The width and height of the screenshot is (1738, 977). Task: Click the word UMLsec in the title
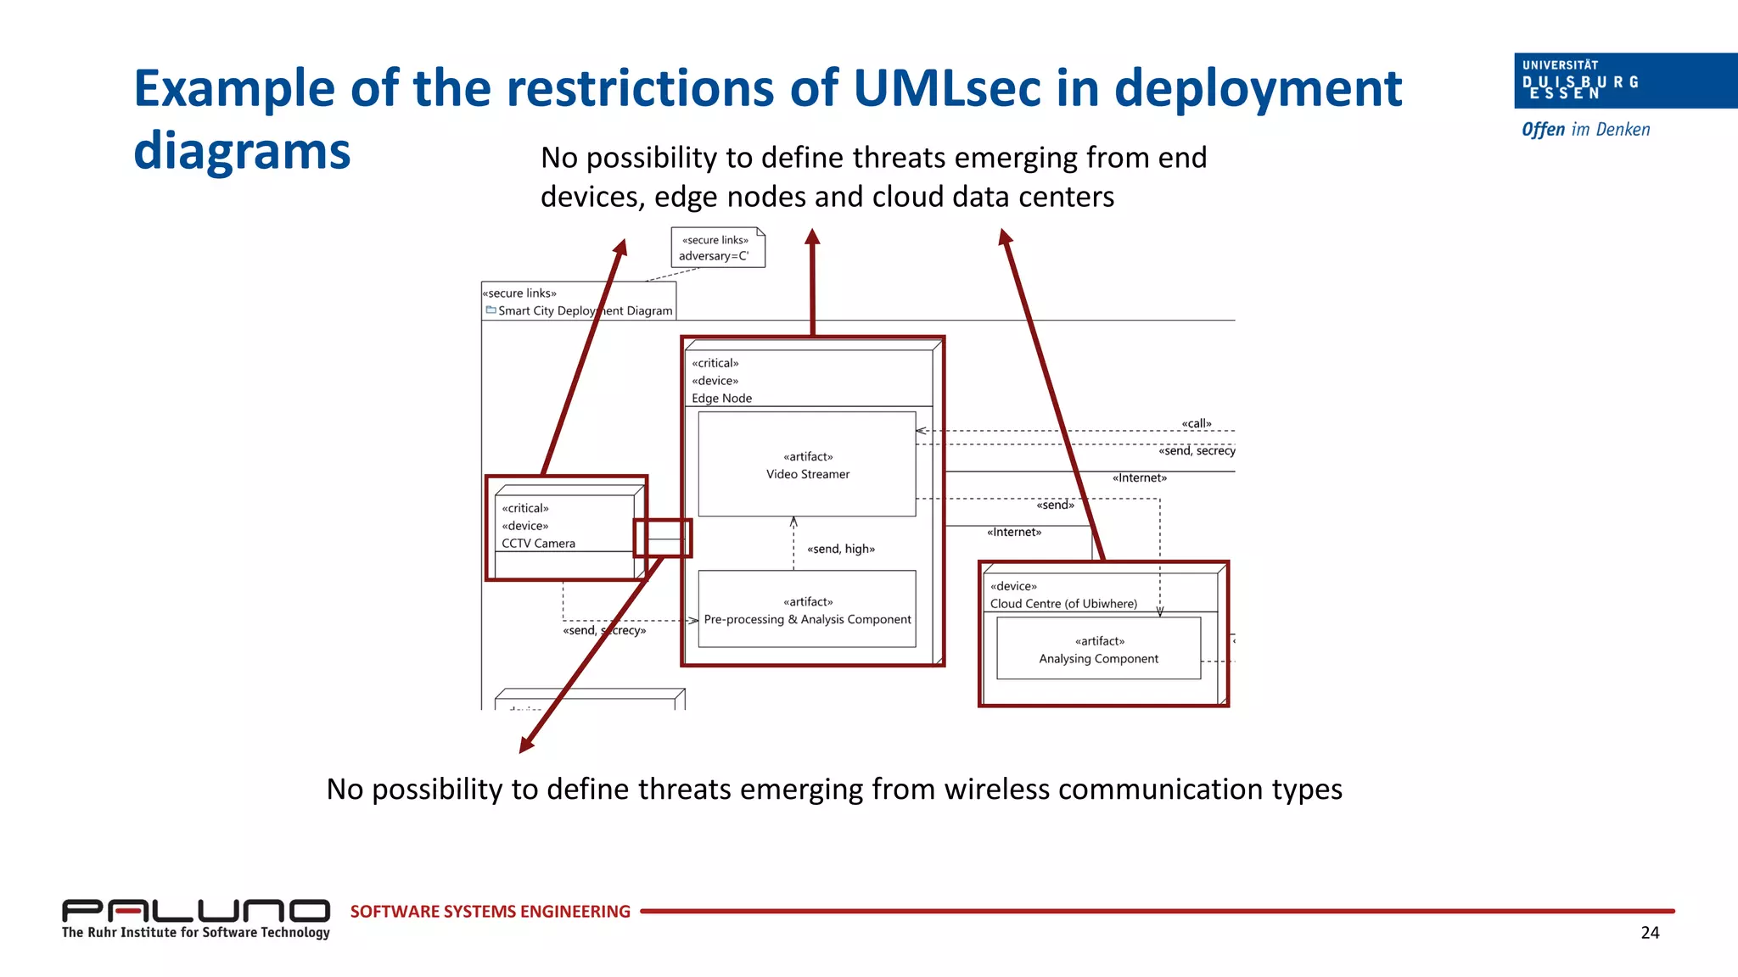tap(945, 88)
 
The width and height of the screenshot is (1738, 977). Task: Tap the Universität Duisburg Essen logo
tap(1623, 81)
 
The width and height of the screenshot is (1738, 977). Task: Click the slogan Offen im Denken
tap(1585, 130)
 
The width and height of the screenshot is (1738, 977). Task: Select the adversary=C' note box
tap(717, 248)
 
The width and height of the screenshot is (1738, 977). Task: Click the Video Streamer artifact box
tap(806, 465)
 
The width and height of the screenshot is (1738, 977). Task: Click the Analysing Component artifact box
tap(1098, 650)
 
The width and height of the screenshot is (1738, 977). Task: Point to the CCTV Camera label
tap(538, 544)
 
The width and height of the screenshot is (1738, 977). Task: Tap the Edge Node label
tap(721, 399)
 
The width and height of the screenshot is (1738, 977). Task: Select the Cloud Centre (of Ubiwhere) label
tap(1062, 604)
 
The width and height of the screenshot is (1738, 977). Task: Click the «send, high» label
tap(840, 550)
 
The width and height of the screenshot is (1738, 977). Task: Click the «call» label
tap(1196, 424)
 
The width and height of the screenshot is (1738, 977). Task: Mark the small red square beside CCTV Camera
tap(663, 538)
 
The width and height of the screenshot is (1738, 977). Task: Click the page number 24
tap(1649, 933)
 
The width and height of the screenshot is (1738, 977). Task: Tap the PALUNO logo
tap(195, 912)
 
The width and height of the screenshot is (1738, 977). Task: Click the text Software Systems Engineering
tap(490, 912)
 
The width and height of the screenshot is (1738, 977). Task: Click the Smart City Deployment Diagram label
tap(585, 311)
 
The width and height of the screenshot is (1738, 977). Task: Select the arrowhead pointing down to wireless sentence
tap(526, 745)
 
